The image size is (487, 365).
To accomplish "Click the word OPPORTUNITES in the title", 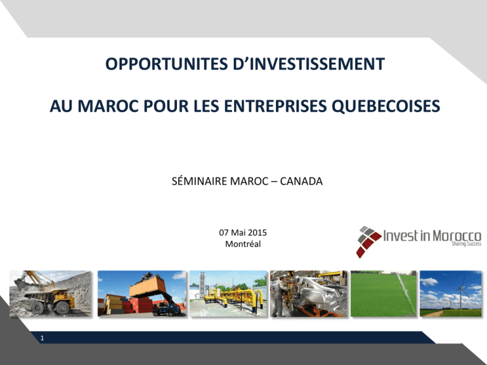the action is (167, 64).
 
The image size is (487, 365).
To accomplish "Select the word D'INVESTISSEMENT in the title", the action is (309, 64).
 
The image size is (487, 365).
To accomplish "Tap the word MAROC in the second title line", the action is (108, 106).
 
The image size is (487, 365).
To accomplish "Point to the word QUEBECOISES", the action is (386, 106).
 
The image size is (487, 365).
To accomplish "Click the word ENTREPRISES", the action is (275, 106).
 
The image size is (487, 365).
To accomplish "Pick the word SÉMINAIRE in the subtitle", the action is (199, 181).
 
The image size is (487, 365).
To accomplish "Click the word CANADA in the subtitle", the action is (301, 181).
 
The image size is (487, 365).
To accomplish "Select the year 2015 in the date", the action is (257, 233).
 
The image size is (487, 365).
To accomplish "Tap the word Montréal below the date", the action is (243, 244).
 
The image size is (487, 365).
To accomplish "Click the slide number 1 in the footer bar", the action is (42, 338).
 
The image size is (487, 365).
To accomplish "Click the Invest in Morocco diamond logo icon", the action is (368, 242).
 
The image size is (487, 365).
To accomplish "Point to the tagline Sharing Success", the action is (466, 244).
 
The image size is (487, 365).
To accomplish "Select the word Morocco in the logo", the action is (457, 236).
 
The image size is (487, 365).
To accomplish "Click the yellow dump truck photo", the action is (51, 293).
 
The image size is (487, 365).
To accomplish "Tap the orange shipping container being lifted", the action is (147, 286).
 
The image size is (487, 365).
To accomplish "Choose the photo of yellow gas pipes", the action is (228, 293).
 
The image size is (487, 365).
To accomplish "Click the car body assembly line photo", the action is (308, 293).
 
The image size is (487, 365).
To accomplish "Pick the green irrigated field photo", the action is (384, 293).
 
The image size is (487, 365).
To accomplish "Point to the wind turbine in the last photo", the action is (461, 293).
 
